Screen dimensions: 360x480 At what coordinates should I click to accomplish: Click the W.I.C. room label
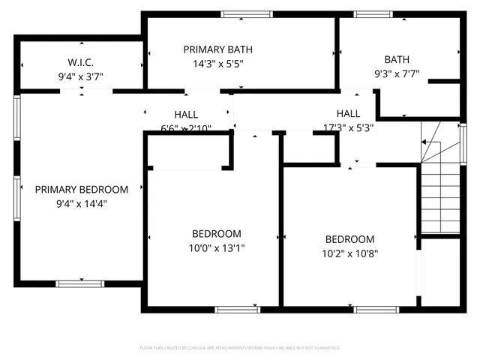[81, 61]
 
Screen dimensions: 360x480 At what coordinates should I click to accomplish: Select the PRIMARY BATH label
[217, 49]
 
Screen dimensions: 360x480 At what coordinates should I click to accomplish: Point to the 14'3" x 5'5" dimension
[217, 63]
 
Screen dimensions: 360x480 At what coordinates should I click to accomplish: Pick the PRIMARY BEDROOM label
[82, 190]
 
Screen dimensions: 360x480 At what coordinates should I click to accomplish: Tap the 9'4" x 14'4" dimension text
[82, 202]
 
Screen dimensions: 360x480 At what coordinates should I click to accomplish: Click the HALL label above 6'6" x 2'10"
[186, 115]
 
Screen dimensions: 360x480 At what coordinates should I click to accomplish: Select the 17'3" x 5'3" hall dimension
[349, 127]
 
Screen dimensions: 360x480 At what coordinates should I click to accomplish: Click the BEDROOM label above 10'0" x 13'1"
[216, 234]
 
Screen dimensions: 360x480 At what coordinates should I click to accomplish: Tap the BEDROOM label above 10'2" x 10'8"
[345, 239]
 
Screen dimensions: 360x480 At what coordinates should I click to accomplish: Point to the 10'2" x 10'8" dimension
[345, 253]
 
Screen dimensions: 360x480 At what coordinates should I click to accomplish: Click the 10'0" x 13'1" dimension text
[216, 247]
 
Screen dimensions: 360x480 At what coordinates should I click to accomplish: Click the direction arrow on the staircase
[430, 142]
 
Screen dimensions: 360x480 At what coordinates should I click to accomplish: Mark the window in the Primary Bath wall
[247, 14]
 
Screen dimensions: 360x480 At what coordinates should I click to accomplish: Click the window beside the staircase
[463, 142]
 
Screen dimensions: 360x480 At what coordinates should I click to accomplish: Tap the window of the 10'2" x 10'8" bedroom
[376, 309]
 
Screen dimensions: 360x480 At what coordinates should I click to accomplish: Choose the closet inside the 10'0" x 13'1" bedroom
[187, 154]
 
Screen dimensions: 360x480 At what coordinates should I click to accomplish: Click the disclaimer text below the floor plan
[240, 348]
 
